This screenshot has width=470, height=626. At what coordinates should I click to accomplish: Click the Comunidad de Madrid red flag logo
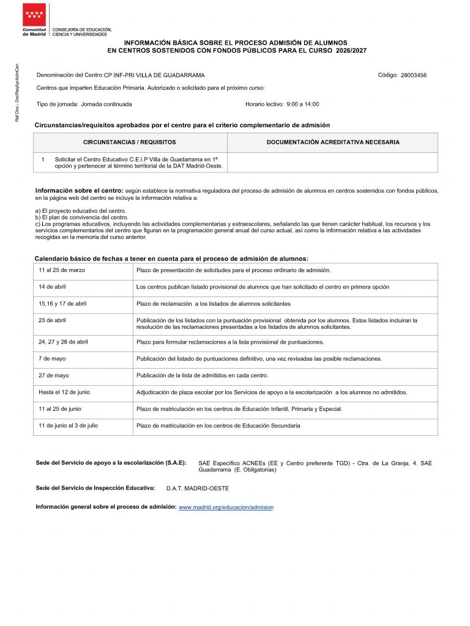[x=34, y=15]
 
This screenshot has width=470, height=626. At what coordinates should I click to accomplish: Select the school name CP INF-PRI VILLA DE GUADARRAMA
[x=154, y=75]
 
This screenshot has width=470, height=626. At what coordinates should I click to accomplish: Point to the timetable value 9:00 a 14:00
[x=302, y=104]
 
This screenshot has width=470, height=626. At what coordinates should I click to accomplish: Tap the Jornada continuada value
[x=106, y=104]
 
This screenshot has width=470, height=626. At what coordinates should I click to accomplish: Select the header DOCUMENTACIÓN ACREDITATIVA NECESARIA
[x=333, y=142]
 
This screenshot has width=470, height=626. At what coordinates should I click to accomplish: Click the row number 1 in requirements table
[x=43, y=159]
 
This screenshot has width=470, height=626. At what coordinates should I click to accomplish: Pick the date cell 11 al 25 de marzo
[x=62, y=270]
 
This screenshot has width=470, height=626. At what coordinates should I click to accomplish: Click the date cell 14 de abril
[x=53, y=287]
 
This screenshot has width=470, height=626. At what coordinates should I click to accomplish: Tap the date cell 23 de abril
[x=53, y=320]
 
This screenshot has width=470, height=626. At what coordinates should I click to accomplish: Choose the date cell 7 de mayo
[x=53, y=359]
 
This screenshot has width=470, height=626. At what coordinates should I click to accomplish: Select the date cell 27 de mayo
[x=54, y=375]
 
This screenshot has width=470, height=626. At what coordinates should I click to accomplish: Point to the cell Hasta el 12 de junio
[x=64, y=392]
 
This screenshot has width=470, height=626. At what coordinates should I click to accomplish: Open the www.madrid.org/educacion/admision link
[x=226, y=507]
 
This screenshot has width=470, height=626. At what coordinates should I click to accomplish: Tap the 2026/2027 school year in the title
[x=351, y=50]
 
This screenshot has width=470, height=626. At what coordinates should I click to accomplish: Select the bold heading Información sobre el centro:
[x=80, y=191]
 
